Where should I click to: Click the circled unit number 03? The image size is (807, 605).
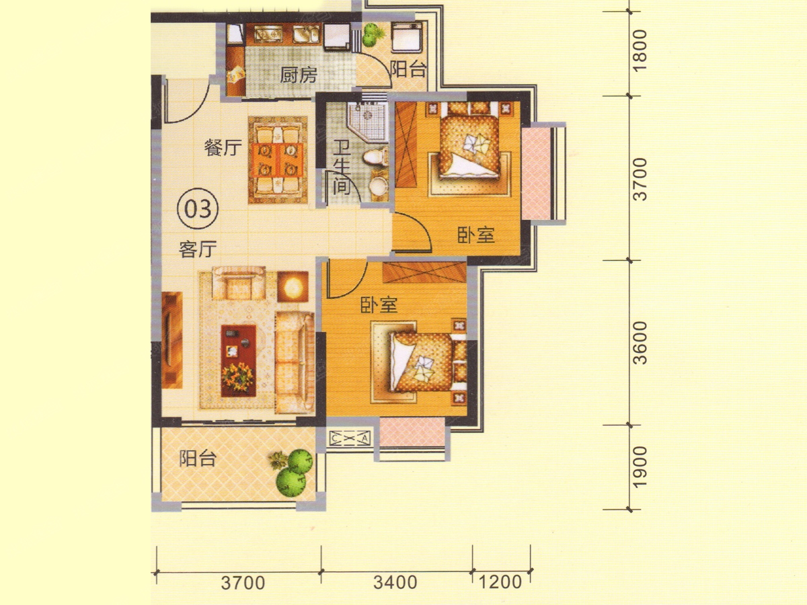tap(198, 208)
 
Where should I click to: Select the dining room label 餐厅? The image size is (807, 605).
tap(223, 148)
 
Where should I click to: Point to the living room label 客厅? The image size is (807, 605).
tap(198, 249)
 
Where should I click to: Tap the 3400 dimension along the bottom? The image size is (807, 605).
tap(395, 583)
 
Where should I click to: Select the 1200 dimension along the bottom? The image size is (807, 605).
tap(500, 582)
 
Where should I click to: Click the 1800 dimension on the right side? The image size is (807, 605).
tap(640, 50)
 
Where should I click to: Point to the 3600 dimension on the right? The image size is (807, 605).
tap(640, 343)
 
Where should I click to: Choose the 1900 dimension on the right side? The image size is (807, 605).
tap(640, 467)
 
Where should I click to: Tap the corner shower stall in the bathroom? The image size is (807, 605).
tap(368, 120)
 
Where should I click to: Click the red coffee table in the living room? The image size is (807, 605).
tap(238, 360)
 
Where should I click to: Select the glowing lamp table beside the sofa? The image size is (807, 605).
tap(293, 286)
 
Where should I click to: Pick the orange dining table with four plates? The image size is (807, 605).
tap(278, 160)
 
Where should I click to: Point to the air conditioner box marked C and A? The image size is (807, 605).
tap(350, 438)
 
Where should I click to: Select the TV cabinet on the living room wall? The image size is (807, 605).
tap(172, 339)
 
